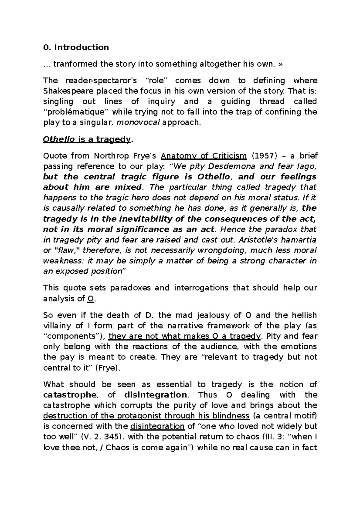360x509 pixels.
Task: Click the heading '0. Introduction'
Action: (76, 47)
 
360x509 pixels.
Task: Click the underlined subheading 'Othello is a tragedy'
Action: (87, 139)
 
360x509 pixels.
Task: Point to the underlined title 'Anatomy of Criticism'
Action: (204, 156)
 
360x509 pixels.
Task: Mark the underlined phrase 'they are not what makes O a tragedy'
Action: (184, 336)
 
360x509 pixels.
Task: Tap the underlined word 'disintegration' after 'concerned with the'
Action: (158, 426)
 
